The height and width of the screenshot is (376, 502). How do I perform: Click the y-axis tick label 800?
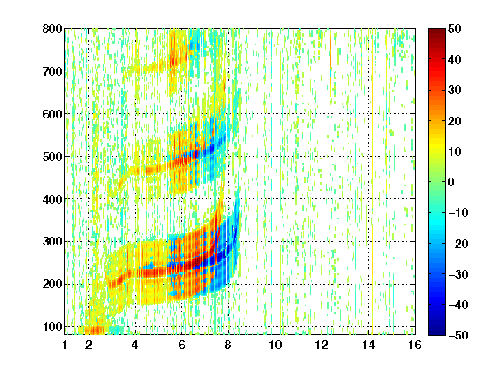[x=52, y=29]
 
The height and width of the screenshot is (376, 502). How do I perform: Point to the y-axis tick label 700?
[x=52, y=71]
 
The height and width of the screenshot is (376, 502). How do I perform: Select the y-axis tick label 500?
[x=52, y=157]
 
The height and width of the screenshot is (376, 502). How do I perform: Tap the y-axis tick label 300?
[x=52, y=241]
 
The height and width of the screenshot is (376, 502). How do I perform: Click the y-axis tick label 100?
[x=52, y=326]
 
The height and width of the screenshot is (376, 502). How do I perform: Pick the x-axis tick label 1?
[x=65, y=345]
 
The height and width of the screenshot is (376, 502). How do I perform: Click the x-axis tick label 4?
[x=134, y=345]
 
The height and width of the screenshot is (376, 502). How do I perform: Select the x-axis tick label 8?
[x=227, y=345]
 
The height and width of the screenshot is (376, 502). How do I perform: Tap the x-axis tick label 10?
[x=275, y=345]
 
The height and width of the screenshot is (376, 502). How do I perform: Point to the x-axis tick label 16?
[x=415, y=345]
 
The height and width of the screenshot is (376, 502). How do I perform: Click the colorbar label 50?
[x=454, y=29]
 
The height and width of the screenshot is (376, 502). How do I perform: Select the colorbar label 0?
[x=451, y=182]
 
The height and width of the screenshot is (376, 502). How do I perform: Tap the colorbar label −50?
[x=458, y=335]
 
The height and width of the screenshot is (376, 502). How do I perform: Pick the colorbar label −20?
[x=458, y=244]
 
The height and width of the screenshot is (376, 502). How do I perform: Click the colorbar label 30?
[x=454, y=91]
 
